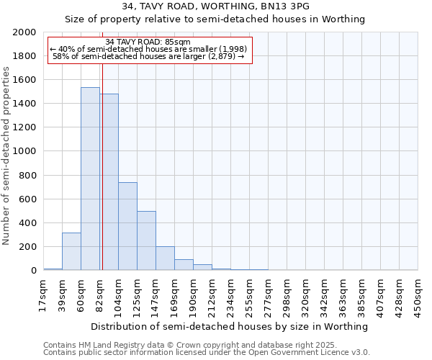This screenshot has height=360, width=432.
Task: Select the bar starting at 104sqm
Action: pyautogui.click(x=127, y=226)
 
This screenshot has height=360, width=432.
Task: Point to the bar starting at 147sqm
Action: pyautogui.click(x=165, y=258)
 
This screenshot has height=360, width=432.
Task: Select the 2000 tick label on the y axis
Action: pyautogui.click(x=24, y=32)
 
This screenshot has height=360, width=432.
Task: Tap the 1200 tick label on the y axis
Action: pyautogui.click(x=24, y=127)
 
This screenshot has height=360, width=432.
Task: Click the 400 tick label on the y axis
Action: pyautogui.click(x=27, y=223)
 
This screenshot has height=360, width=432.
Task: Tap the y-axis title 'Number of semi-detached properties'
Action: pyautogui.click(x=6, y=155)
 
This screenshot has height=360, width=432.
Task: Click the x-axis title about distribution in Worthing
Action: pyautogui.click(x=230, y=326)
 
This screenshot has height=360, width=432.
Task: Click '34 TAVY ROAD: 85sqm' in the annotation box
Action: pyautogui.click(x=148, y=42)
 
